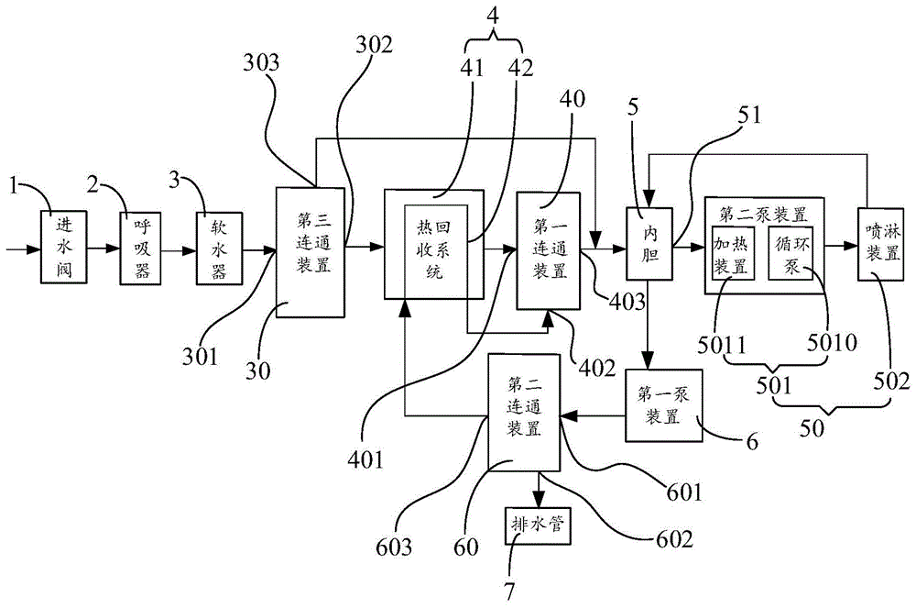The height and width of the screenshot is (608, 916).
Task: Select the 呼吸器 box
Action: (x=140, y=249)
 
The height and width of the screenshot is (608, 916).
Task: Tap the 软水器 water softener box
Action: (x=219, y=249)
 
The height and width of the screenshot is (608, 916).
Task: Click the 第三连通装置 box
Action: (x=311, y=252)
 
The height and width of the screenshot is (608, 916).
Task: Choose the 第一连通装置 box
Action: (x=549, y=250)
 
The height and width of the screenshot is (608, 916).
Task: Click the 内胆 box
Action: (x=649, y=243)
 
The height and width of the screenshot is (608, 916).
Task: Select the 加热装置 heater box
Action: (x=731, y=252)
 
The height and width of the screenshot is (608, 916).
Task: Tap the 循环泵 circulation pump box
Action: (x=791, y=252)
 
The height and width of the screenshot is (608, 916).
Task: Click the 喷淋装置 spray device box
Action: (x=881, y=244)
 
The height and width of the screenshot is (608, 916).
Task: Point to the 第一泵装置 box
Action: (x=663, y=405)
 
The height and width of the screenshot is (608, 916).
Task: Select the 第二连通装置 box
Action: (x=524, y=412)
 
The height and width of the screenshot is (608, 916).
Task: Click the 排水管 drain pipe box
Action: (x=538, y=525)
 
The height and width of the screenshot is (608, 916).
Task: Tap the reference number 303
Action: (x=260, y=62)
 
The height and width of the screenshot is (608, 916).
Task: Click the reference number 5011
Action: (x=722, y=345)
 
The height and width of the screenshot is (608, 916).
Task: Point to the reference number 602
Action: (x=675, y=538)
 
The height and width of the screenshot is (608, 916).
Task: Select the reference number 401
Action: (x=366, y=459)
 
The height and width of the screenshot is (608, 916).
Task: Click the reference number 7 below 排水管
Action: (x=510, y=591)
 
